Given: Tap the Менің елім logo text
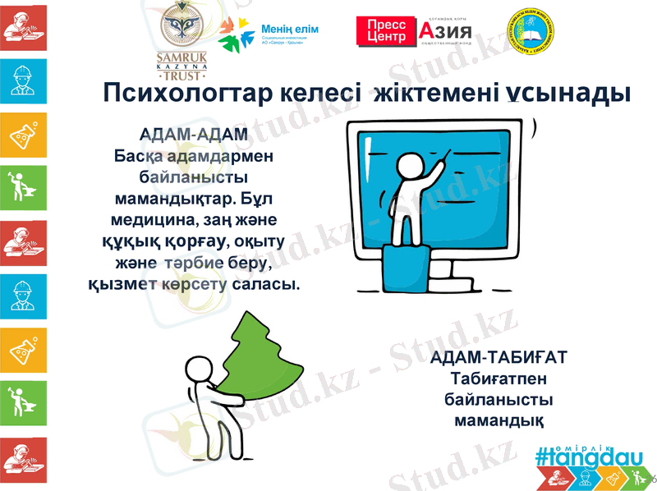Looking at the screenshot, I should pyautogui.click(x=288, y=30).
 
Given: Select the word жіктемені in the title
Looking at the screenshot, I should pyautogui.click(x=439, y=93).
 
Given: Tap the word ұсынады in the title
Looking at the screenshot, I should pyautogui.click(x=573, y=93).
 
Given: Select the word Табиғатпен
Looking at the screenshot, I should pyautogui.click(x=498, y=379).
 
